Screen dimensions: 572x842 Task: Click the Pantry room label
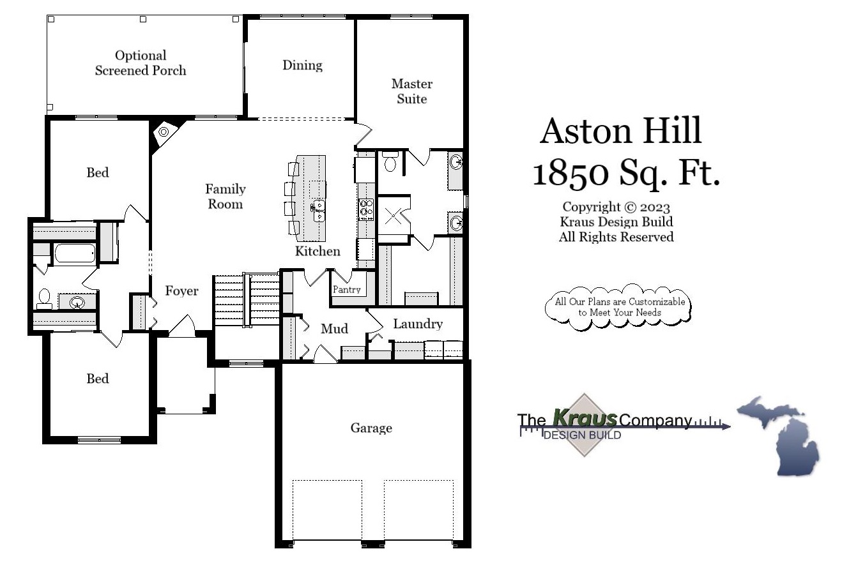pyautogui.click(x=346, y=289)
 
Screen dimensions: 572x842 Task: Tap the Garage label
pyautogui.click(x=371, y=428)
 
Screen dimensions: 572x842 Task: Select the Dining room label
pyautogui.click(x=302, y=65)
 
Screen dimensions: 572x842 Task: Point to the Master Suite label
pyautogui.click(x=411, y=91)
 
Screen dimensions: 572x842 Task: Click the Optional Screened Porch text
pyautogui.click(x=141, y=63)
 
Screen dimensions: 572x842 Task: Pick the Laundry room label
pyautogui.click(x=417, y=324)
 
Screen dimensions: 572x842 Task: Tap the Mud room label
pyautogui.click(x=334, y=329)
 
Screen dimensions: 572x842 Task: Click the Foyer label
pyautogui.click(x=181, y=291)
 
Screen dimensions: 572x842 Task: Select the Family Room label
pyautogui.click(x=225, y=197)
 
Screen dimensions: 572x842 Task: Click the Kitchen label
pyautogui.click(x=318, y=251)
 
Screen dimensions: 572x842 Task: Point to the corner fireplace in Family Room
pyautogui.click(x=164, y=132)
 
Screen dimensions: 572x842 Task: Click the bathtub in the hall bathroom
pyautogui.click(x=75, y=254)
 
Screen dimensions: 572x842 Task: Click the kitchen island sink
pyautogui.click(x=318, y=210)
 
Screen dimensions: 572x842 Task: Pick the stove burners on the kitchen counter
pyautogui.click(x=367, y=209)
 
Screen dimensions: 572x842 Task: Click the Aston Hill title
pyautogui.click(x=620, y=130)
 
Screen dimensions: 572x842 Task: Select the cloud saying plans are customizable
pyautogui.click(x=618, y=307)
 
